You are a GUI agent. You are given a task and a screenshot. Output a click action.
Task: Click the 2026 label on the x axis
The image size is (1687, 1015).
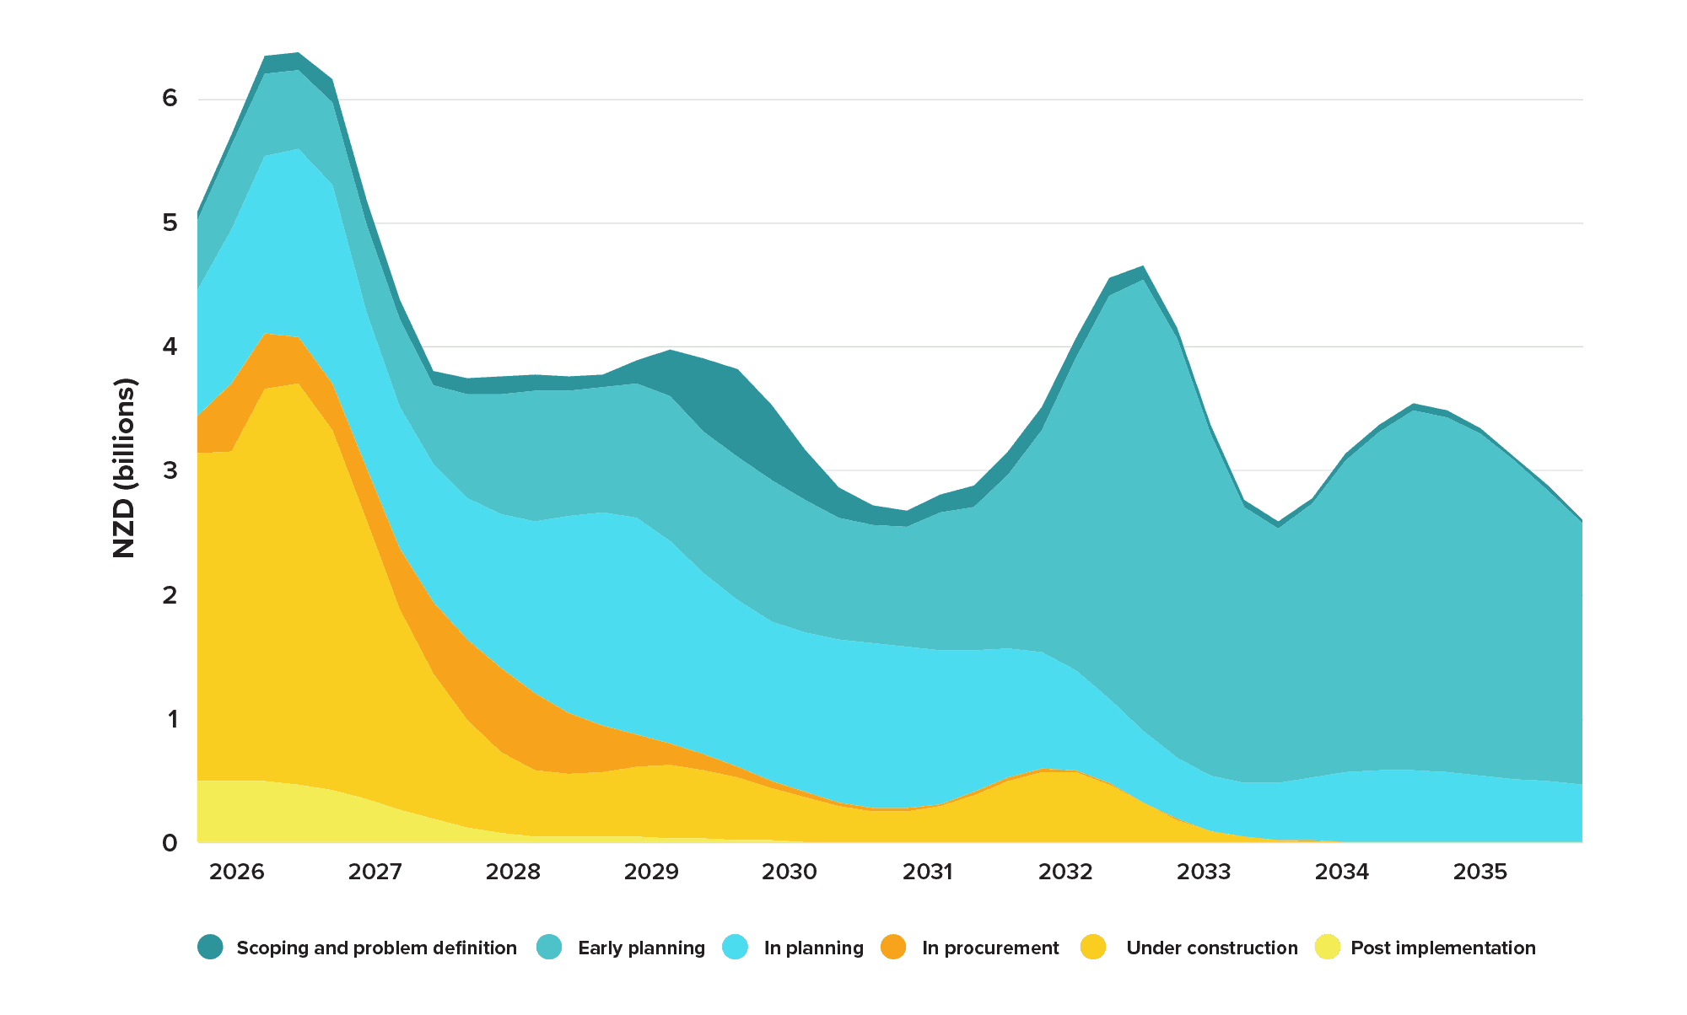tap(236, 871)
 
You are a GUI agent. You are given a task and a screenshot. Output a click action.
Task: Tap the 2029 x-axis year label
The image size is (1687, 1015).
tap(651, 871)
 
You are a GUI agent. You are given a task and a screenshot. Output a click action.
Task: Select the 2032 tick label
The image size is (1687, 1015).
tap(1065, 871)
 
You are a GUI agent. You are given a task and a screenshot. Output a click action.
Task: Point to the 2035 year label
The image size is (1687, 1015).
tap(1479, 871)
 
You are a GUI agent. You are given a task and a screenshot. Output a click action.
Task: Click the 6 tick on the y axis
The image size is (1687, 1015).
tap(170, 98)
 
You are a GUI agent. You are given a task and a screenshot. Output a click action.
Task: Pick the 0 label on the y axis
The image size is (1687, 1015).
tap(170, 842)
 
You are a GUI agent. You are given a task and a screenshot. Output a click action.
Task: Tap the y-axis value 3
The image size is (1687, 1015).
tap(170, 470)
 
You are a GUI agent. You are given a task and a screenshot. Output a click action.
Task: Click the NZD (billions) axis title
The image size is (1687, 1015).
tap(124, 469)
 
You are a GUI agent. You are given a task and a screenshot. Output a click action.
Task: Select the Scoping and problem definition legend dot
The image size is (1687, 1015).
tap(210, 947)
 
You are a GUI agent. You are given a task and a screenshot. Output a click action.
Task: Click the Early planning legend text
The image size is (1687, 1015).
tap(641, 948)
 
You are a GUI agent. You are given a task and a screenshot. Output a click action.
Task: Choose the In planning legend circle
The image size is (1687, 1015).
tap(736, 947)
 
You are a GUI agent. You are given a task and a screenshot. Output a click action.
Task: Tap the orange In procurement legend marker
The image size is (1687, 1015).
tap(893, 947)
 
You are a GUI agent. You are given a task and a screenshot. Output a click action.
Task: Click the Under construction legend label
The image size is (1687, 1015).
tap(1211, 948)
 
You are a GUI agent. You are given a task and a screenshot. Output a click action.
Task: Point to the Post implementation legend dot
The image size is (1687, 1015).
tap(1328, 947)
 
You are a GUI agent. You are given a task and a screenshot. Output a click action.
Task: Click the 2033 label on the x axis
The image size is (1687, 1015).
tap(1204, 871)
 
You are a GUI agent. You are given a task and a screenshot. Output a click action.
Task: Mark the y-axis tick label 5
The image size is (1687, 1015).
tap(170, 223)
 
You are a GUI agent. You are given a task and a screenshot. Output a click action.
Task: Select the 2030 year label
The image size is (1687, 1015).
tap(790, 871)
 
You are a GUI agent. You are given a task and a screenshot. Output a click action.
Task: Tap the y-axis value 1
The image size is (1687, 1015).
tap(172, 719)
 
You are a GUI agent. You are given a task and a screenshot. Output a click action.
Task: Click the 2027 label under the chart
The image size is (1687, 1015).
tap(375, 871)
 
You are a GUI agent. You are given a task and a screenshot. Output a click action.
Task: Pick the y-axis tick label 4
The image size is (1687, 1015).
tap(170, 346)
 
